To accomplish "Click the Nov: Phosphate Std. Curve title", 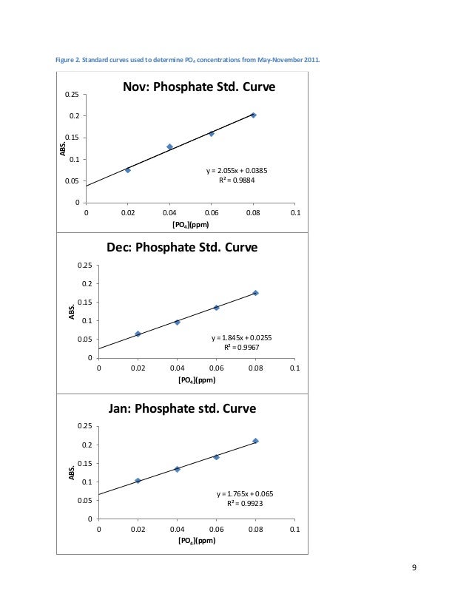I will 199,88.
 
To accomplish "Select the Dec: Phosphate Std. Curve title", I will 182,248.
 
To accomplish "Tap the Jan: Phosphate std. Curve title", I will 182,408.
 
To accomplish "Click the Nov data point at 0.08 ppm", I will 253,115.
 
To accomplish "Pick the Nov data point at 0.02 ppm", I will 128,170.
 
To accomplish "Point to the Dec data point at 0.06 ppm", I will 216,307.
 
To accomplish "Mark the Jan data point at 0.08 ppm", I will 255,441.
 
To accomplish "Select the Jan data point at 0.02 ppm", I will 138,481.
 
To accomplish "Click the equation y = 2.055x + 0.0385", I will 237,171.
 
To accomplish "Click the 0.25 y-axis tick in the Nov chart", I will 72,95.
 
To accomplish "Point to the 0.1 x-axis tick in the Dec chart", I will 294,368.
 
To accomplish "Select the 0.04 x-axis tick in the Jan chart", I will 178,529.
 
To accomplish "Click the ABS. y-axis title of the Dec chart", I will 72,311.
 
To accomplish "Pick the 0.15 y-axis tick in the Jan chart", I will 85,463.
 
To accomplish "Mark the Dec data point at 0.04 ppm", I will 178,322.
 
